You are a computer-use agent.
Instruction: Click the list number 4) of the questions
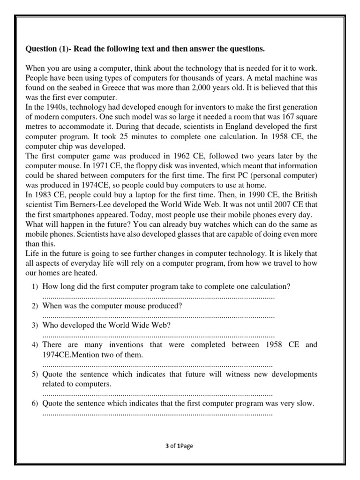(35, 345)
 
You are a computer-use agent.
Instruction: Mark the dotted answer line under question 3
(158, 336)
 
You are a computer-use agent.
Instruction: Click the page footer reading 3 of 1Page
(179, 446)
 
